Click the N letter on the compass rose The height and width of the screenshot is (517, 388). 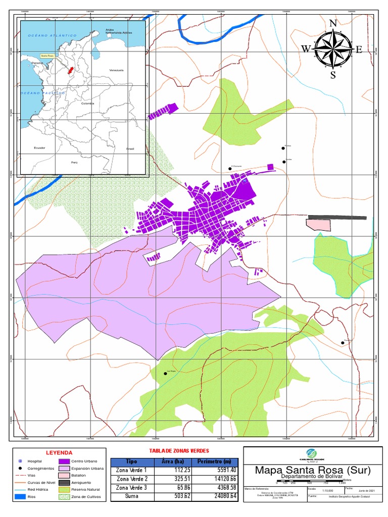point(333,23)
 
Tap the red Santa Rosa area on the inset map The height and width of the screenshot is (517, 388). point(71,70)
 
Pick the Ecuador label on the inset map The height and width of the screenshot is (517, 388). point(39,147)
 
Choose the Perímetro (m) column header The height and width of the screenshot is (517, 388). point(214,461)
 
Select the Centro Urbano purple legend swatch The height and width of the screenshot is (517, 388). point(64,461)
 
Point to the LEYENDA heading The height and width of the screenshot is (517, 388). point(60,452)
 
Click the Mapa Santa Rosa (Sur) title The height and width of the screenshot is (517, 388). point(313,470)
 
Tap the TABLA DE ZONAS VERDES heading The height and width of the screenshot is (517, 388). point(179,450)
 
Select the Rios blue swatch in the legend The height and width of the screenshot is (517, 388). point(20,497)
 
